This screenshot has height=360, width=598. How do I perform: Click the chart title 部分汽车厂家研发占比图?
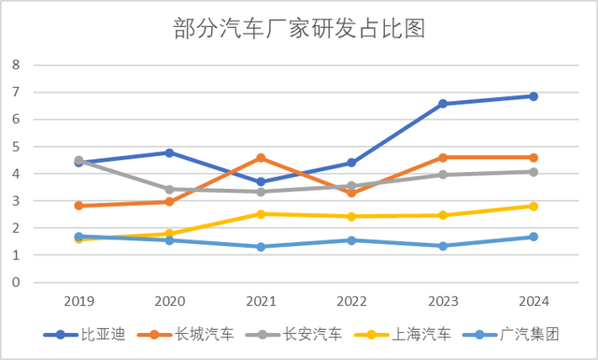pos(299,29)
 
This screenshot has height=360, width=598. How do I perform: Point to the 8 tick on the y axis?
pos(15,65)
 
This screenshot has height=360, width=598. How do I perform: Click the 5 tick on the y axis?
pos(15,147)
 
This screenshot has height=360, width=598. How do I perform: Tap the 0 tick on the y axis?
pos(15,282)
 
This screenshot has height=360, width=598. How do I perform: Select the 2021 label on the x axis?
pos(261,301)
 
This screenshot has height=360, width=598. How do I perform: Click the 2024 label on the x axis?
pos(533,301)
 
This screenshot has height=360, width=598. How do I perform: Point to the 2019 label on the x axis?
pos(78,301)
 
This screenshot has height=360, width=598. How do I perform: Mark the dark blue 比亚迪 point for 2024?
pos(533,96)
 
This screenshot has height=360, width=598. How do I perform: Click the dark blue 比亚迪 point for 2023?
pos(442,104)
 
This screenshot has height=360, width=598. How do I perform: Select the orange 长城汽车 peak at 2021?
pos(261,158)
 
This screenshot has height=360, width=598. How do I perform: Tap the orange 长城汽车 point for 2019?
pos(78,206)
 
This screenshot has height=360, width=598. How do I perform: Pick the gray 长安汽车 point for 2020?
pos(169,189)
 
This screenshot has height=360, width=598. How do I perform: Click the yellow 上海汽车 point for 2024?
pos(533,206)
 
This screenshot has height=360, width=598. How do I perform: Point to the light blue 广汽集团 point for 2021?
pos(261,247)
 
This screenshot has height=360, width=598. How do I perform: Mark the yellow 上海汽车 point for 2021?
pos(261,214)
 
